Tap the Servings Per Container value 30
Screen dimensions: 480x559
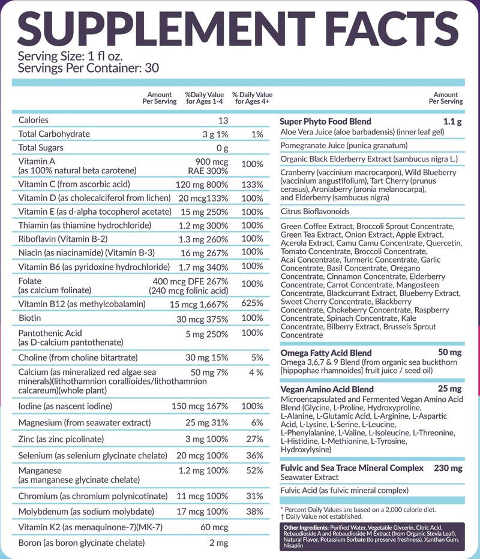(152, 68)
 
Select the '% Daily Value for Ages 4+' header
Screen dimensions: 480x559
(252, 98)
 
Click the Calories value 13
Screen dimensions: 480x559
(223, 121)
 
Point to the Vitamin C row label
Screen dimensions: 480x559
(74, 184)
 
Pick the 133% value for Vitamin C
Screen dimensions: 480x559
(252, 185)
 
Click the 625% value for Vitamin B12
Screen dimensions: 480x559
(252, 303)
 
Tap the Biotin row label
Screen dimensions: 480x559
(29, 318)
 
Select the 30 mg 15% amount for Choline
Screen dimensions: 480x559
(206, 357)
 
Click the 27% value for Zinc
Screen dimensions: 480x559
(254, 439)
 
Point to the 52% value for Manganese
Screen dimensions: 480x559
(254, 471)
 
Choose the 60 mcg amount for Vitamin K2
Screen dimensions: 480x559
(214, 527)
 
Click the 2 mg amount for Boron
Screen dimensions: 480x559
(219, 543)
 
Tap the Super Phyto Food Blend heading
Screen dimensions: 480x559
(326, 122)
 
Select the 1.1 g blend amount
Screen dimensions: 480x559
(452, 122)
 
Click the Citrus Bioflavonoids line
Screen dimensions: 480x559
(315, 211)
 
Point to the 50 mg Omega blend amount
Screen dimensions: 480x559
(449, 352)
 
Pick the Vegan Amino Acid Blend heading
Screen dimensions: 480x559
(327, 389)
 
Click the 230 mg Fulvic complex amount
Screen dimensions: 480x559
(448, 468)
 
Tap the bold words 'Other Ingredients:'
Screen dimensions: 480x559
(306, 528)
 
